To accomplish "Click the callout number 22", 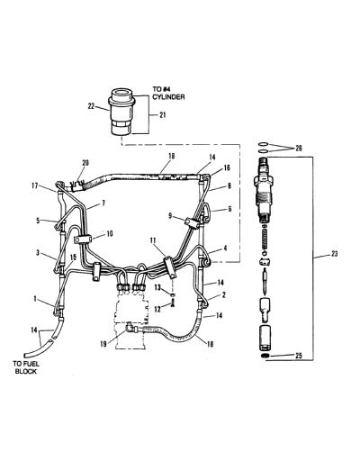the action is coord(91,106).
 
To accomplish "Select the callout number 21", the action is coord(162,115).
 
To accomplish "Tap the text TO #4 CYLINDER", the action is coord(168,93).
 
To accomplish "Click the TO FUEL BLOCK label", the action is coord(26,367).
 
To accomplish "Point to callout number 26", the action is coord(299,149).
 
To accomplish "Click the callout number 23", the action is coord(334,254).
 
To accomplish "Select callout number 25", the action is coord(298,356).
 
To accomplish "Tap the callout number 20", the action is coord(85,163).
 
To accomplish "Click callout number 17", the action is coord(35,185).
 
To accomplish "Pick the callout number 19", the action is coord(103,344).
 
